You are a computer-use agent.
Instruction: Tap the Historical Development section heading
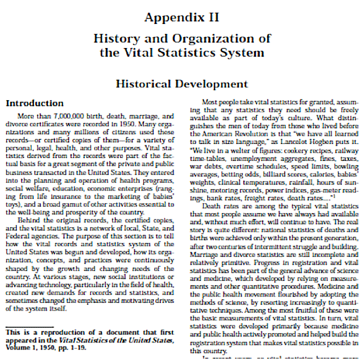(182, 84)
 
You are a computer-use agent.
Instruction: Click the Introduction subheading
(35, 103)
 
